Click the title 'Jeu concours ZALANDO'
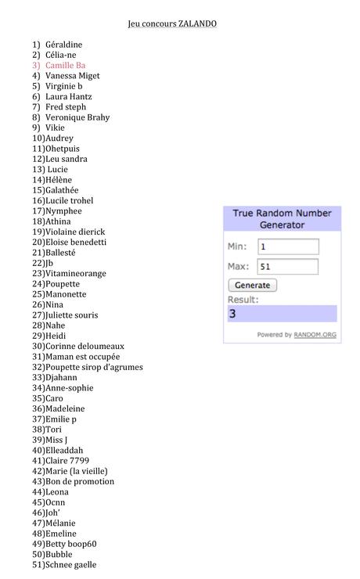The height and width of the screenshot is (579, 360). [x=172, y=23]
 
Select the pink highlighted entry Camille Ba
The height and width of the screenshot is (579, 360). [x=65, y=66]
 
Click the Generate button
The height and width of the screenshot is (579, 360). [x=252, y=286]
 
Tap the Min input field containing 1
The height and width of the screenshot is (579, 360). [x=287, y=246]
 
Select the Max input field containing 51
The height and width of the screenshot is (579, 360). [x=287, y=266]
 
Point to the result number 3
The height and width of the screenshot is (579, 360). [x=232, y=314]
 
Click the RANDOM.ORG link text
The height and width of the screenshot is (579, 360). [x=315, y=335]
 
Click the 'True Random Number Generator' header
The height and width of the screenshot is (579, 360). [x=282, y=218]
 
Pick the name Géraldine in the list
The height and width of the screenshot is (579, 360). [x=63, y=45]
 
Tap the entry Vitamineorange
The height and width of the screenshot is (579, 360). [x=75, y=274]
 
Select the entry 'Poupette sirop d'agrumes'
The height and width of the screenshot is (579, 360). [x=94, y=367]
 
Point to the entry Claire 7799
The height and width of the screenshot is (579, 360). [x=67, y=461]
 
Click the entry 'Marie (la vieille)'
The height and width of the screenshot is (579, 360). [x=76, y=471]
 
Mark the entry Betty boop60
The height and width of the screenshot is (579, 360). [x=70, y=544]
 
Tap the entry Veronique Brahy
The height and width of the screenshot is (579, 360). [x=77, y=117]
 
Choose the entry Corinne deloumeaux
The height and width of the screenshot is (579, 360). [x=85, y=346]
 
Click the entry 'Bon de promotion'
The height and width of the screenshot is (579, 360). [x=79, y=481]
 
